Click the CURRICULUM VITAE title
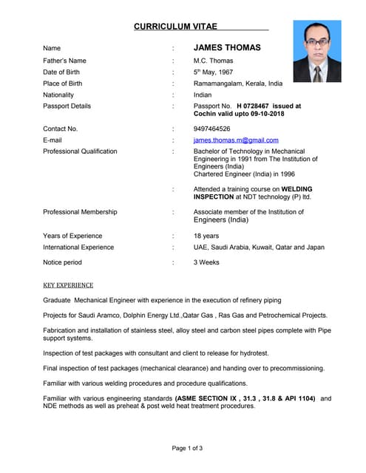pyautogui.click(x=176, y=27)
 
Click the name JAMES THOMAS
pyautogui.click(x=227, y=47)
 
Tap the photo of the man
pyautogui.click(x=317, y=51)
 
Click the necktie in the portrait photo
pyautogui.click(x=316, y=73)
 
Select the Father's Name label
pyautogui.click(x=64, y=61)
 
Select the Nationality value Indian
pyautogui.click(x=203, y=95)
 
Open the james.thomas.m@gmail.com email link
pyautogui.click(x=236, y=140)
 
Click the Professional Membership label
pyautogui.click(x=80, y=212)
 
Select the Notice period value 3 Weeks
pyautogui.click(x=206, y=262)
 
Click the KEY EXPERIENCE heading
pyautogui.click(x=68, y=285)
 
